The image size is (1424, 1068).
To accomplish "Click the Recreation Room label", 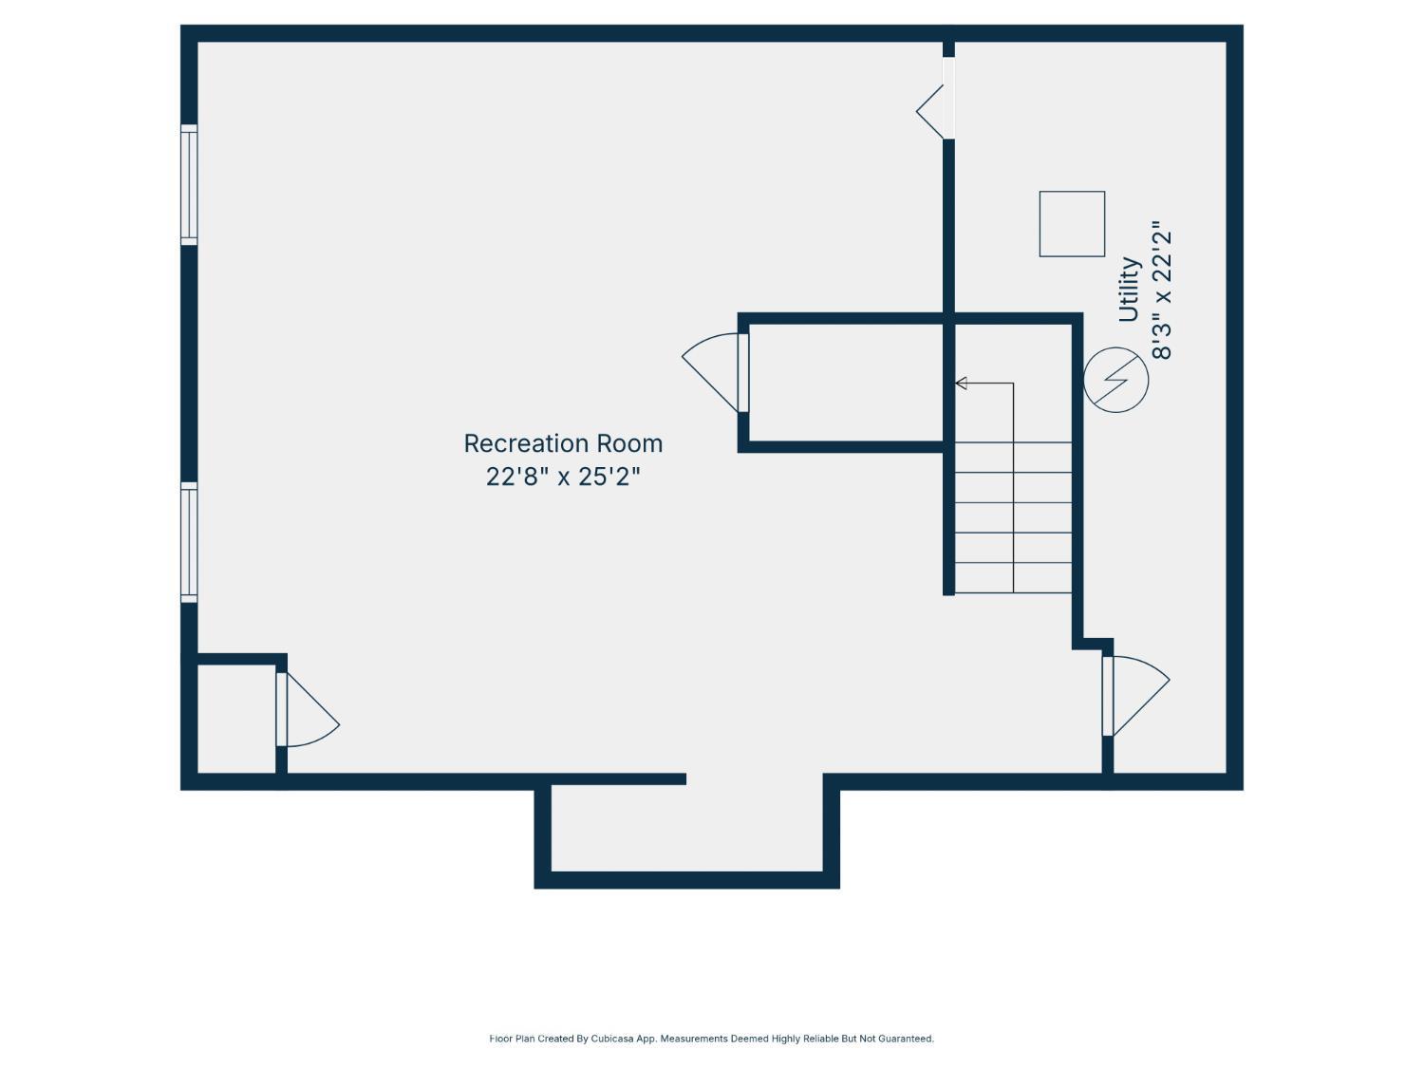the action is tap(563, 444).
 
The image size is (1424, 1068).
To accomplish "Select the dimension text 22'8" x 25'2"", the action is tap(563, 478).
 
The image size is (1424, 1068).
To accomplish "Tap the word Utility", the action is tap(1129, 290).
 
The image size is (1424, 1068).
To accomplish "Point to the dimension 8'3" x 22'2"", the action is tap(1162, 295).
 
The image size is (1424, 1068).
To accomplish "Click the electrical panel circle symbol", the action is tap(1115, 380).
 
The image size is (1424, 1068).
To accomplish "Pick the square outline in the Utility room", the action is tap(1072, 224).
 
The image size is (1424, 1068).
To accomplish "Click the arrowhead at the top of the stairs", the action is tap(961, 384).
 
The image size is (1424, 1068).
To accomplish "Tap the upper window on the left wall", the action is tap(189, 185).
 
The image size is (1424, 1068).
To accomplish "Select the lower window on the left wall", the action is tap(189, 542).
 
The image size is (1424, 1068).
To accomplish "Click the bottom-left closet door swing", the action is tap(311, 710).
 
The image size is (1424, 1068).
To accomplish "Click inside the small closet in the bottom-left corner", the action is tap(236, 718).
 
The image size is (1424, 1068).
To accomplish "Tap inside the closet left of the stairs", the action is tap(846, 383).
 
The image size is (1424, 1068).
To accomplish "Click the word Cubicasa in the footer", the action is tap(612, 1039).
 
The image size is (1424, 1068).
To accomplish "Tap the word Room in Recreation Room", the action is tap(629, 444).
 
